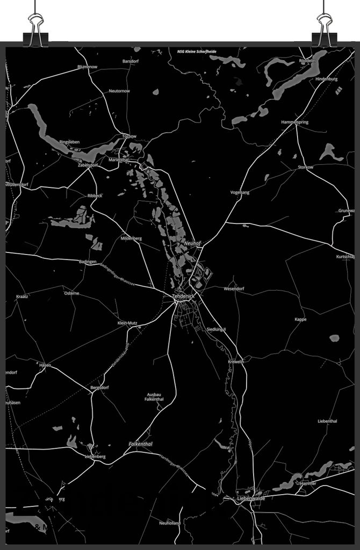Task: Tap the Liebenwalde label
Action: tap(251, 499)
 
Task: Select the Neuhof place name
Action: tap(192, 243)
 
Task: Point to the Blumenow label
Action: tap(88, 67)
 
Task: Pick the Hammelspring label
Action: tap(294, 122)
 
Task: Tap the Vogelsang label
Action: tap(240, 192)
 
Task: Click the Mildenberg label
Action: tap(132, 238)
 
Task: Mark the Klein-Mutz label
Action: tap(127, 323)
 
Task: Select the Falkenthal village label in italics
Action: tap(141, 444)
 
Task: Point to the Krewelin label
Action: tap(236, 361)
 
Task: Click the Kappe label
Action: tap(301, 319)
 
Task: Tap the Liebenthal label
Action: tap(327, 421)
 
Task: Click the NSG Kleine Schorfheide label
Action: tap(196, 52)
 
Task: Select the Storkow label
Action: tap(306, 167)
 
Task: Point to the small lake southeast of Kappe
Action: tap(334, 338)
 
